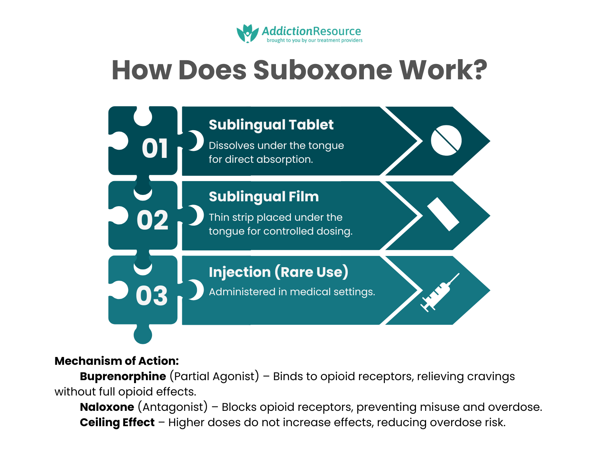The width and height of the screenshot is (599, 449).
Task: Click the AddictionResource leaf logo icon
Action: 247,34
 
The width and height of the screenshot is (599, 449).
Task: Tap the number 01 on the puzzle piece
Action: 155,149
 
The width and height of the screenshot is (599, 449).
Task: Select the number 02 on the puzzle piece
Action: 152,220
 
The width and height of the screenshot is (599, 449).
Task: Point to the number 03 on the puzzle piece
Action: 152,296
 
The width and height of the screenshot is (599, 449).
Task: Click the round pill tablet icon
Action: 446,140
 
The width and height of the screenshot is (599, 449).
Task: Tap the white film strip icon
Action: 443,214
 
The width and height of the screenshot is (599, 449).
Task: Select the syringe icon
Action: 440,292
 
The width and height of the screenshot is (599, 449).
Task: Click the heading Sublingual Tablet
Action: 271,125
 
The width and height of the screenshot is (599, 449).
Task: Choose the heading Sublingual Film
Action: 264,196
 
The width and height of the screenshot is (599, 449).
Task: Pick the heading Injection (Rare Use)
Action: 278,272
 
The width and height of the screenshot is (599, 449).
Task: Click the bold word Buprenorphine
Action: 123,376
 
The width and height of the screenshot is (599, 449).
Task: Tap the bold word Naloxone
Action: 107,407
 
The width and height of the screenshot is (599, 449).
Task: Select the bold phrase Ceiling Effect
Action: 117,422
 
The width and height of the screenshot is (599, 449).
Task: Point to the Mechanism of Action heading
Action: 116,361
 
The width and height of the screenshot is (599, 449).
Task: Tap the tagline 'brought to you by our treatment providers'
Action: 314,40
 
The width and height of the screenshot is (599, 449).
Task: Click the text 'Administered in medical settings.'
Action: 292,292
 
